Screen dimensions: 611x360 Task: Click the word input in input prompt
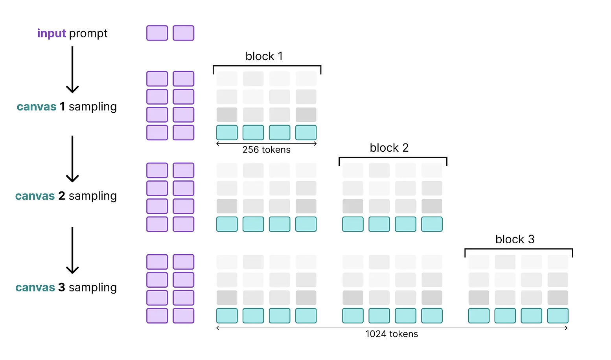click(52, 33)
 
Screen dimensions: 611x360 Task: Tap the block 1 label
click(264, 56)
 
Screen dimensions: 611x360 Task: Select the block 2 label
click(389, 148)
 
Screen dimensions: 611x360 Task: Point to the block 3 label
click(515, 239)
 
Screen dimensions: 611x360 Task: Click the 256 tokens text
click(267, 150)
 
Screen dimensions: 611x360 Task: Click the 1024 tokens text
click(392, 334)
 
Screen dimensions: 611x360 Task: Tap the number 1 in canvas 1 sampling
click(63, 107)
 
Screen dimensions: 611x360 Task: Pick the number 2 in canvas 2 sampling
click(62, 196)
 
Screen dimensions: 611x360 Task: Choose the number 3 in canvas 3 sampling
click(62, 287)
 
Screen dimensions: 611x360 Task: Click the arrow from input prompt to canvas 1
click(72, 70)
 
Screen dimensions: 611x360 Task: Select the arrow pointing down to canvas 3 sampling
click(72, 250)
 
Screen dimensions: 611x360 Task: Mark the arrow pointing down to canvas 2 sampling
click(72, 159)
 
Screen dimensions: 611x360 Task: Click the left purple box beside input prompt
click(157, 33)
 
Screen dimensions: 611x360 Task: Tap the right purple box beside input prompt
click(184, 33)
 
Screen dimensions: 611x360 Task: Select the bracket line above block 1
click(267, 66)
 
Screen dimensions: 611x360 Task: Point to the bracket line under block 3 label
click(519, 249)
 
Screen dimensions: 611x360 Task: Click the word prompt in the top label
click(88, 34)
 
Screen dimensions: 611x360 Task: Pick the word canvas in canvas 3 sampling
click(35, 288)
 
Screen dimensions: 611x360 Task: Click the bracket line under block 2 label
click(393, 157)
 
